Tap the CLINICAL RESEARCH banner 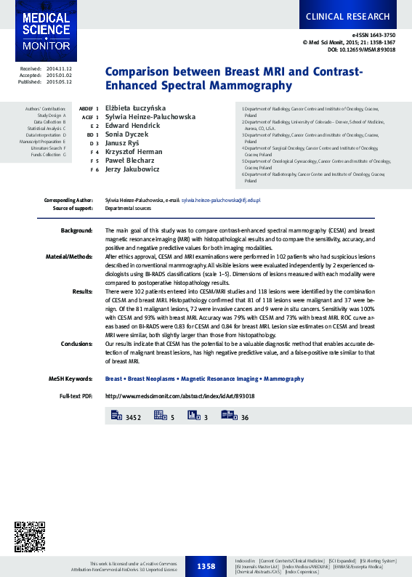click(347, 16)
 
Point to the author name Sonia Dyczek click(128, 134)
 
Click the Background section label click(76, 230)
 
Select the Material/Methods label click(70, 257)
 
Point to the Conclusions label click(76, 343)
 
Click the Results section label click(82, 291)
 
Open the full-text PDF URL click(180, 396)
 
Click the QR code click(31, 537)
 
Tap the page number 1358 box click(206, 565)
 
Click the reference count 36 click(245, 417)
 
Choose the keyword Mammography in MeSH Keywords click(283, 379)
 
